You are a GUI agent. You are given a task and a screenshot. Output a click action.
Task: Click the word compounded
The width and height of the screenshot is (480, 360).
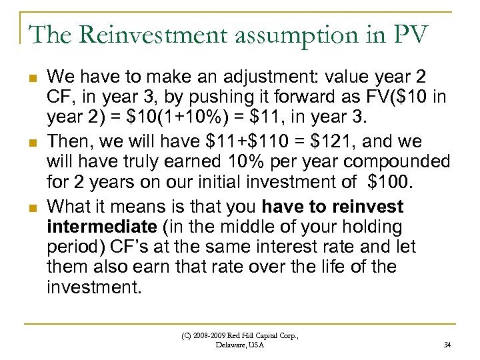click(x=401, y=162)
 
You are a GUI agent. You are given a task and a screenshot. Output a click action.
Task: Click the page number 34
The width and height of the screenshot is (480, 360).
click(x=446, y=345)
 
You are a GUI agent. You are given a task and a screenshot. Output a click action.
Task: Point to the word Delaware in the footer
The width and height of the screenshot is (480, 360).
click(x=231, y=345)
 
